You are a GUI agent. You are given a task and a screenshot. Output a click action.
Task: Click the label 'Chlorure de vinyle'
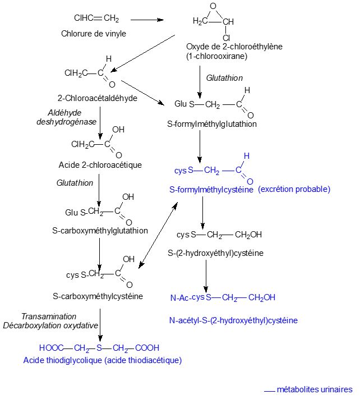[93, 33]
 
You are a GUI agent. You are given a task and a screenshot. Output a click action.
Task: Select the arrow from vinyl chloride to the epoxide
[147, 20]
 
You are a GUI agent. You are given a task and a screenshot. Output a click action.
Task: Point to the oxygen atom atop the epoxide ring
[213, 6]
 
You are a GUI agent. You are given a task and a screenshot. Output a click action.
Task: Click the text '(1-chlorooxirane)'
[216, 56]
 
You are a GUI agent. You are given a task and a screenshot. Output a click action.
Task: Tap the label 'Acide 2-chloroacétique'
[100, 165]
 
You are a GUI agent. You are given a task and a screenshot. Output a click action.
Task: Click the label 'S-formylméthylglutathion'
[212, 124]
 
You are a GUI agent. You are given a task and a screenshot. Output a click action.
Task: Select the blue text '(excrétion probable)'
[294, 190]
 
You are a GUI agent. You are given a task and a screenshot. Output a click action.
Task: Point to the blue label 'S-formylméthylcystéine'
[211, 190]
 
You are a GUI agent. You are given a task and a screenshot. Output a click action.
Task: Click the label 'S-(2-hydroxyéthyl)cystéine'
[215, 253]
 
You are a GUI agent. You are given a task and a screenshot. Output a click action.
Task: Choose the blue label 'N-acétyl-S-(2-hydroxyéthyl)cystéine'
[233, 320]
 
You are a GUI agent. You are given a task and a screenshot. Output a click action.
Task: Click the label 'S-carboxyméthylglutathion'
[100, 231]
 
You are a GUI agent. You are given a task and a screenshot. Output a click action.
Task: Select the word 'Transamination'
[49, 317]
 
